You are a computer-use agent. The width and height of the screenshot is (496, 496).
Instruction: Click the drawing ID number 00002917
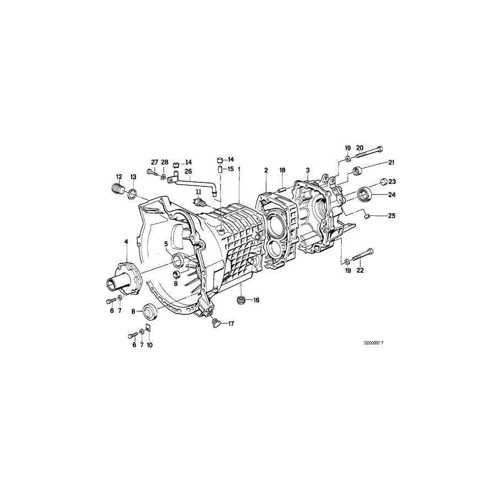coord(373,342)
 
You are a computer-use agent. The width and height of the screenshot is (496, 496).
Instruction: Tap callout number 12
coord(118,176)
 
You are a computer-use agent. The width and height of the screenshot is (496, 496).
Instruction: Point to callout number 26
coord(188,171)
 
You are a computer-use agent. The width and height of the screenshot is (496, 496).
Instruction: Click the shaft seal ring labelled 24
coord(365,194)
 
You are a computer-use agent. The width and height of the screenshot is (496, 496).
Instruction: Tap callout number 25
coord(392,216)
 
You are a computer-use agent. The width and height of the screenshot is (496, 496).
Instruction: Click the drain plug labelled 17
coord(215,321)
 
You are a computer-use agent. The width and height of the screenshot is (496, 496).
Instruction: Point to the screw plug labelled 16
coord(240,300)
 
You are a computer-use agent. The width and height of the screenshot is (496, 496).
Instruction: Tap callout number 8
coord(133,311)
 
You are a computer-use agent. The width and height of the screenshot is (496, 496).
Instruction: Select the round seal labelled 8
coord(150,311)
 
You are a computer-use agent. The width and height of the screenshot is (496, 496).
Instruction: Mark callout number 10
coord(149,345)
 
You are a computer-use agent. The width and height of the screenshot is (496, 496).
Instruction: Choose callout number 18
coord(282,170)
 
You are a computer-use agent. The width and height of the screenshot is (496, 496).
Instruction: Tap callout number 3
coord(308,170)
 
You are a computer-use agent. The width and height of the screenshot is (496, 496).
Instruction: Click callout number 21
coord(392,162)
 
